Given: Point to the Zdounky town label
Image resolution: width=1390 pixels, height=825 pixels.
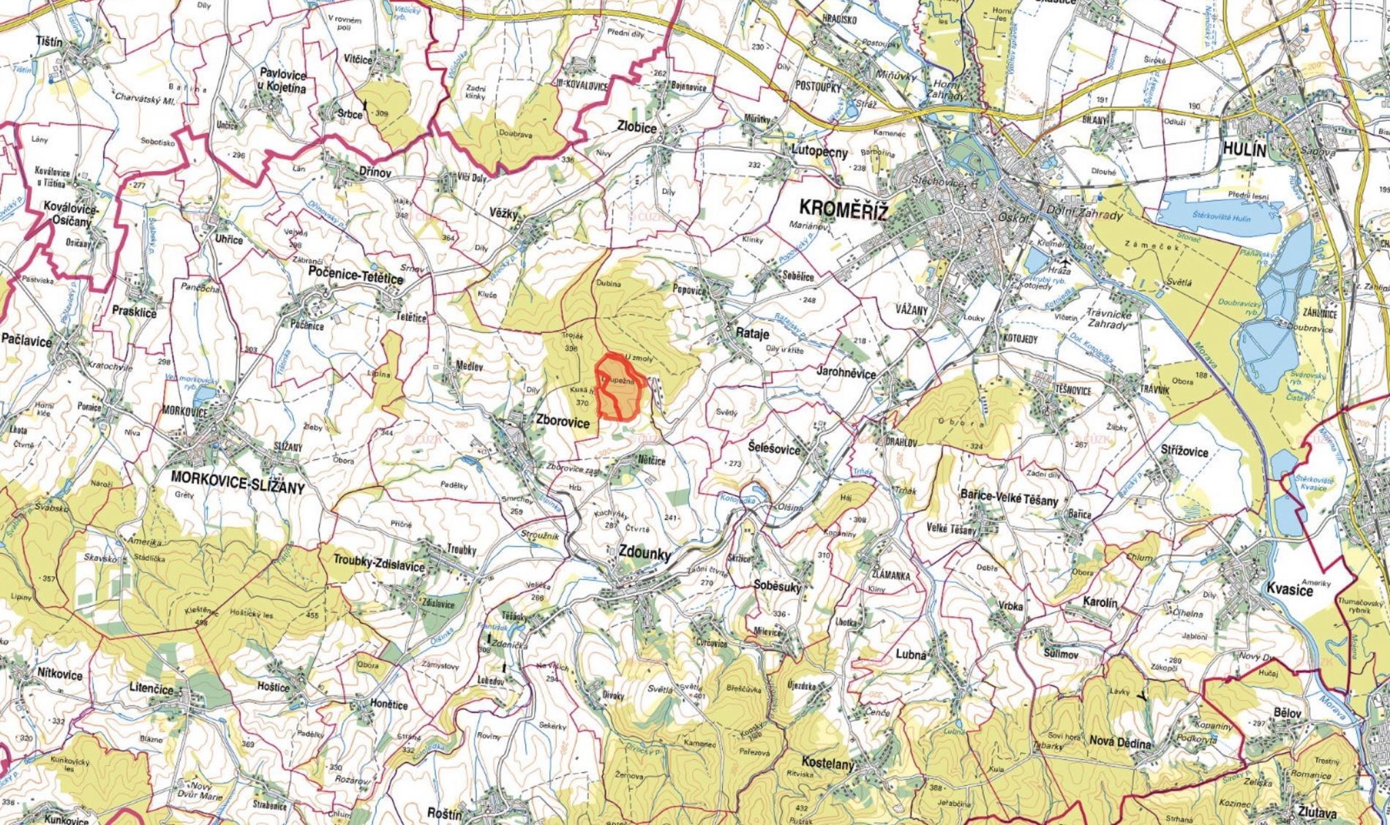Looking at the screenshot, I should pyautogui.click(x=645, y=554).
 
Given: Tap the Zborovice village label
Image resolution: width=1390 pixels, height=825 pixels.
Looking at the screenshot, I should pyautogui.click(x=563, y=422).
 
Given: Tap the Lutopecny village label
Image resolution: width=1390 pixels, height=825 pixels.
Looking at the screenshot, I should pyautogui.click(x=819, y=153).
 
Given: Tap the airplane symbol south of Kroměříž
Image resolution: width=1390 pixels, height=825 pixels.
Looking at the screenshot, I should pyautogui.click(x=1065, y=260).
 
